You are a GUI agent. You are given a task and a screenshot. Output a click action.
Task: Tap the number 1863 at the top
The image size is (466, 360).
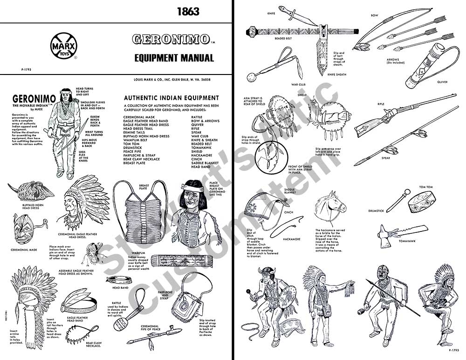click(188, 12)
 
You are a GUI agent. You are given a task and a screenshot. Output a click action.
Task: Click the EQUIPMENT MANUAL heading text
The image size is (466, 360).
click(174, 58)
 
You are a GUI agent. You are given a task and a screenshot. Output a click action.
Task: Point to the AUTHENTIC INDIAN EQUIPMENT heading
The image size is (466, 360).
click(171, 98)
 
